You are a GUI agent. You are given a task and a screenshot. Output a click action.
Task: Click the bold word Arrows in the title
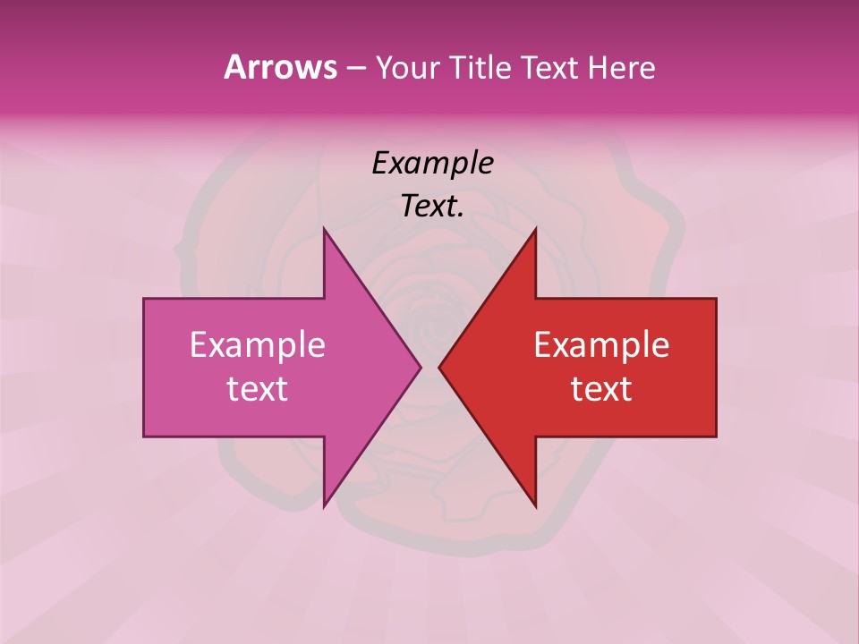coord(279,67)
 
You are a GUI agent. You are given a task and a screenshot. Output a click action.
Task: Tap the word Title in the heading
coord(481,67)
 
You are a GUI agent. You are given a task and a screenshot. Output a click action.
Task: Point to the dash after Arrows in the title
coord(354,68)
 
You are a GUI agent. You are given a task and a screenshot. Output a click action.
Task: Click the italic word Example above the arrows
coord(432,164)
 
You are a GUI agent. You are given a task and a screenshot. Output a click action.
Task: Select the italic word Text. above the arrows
coord(432,207)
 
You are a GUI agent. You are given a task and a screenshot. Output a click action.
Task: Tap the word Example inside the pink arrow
coord(258,345)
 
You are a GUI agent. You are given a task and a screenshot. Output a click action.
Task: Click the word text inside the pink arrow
coord(258,389)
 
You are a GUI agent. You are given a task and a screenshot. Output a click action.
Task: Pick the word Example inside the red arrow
coord(601,345)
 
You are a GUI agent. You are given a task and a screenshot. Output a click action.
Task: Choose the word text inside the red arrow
coord(601,389)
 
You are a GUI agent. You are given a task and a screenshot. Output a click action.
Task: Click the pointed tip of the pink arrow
coord(421,367)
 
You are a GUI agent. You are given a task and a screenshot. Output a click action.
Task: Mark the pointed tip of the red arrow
coord(439,367)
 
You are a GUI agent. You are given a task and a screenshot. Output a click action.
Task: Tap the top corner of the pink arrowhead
coord(324,229)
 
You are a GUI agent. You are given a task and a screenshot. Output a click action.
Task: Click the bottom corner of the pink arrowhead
coord(324,506)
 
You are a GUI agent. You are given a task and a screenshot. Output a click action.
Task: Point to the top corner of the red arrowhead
coord(535,229)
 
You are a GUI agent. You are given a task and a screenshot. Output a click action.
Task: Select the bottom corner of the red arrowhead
coord(535,506)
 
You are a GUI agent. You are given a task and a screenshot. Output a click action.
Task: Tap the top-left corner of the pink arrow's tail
coord(144,299)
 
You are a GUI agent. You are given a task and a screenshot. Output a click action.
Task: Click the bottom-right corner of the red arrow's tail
coord(716,436)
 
